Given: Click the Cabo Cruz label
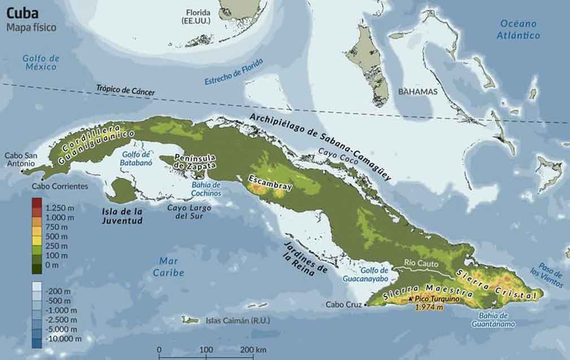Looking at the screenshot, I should [x=344, y=305].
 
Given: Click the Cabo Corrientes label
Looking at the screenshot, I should [x=60, y=186].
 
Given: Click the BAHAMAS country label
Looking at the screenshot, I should [x=418, y=91].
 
